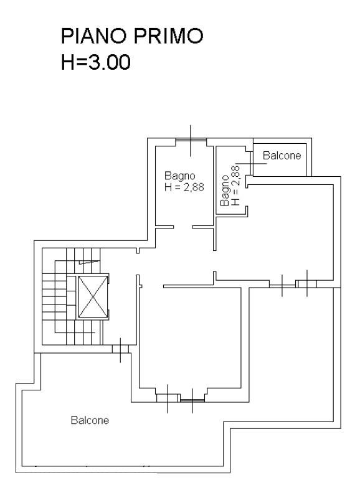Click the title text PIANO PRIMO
(132, 36)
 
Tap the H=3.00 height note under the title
(96, 62)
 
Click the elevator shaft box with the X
(93, 296)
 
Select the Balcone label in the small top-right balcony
(282, 155)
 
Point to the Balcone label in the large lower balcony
(90, 420)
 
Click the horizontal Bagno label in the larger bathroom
(179, 176)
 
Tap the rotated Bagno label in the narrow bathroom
(225, 191)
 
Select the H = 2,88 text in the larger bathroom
(184, 187)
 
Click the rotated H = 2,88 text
(235, 186)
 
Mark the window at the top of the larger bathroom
(191, 140)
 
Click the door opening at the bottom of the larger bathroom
(183, 227)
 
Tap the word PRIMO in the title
(169, 36)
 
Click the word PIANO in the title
(96, 36)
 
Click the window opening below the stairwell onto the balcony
(120, 349)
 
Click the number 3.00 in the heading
(110, 62)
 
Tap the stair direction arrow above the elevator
(89, 262)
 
